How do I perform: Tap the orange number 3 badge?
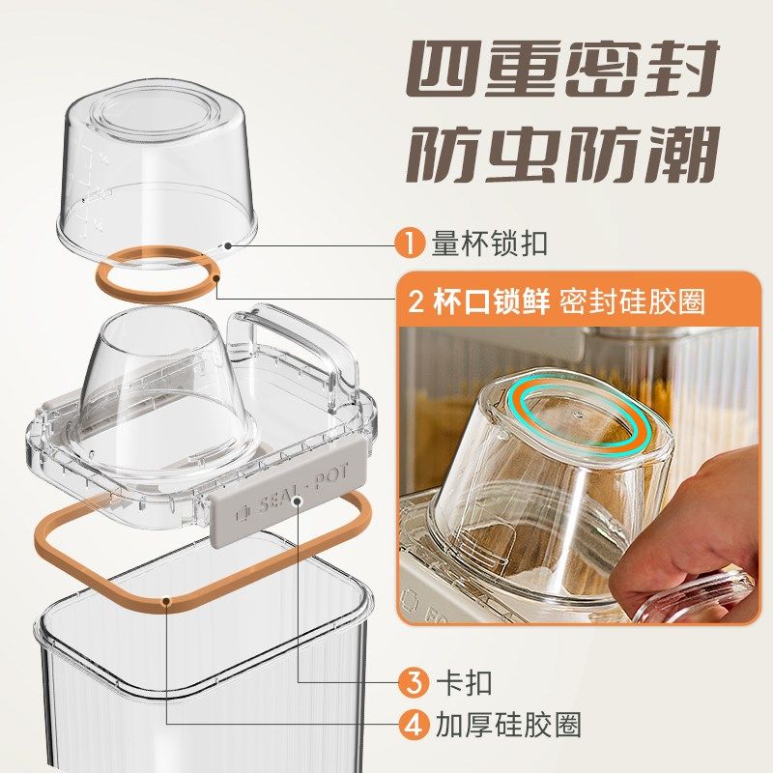pos(414,682)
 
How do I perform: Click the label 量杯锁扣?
pos(489,243)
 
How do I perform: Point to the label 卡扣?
pos(465,682)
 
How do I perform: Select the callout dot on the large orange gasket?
pos(168,602)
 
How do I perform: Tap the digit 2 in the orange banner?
pos(418,301)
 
